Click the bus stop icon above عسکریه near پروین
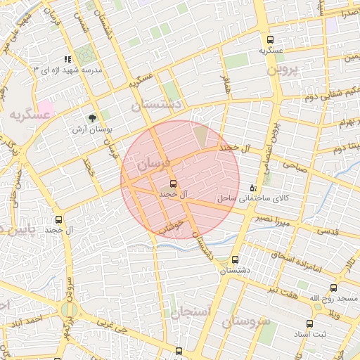(271, 40)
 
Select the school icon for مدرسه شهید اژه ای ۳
(67, 60)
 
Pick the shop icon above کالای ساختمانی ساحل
(253, 188)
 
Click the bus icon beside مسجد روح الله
(333, 288)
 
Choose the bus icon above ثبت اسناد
(309, 323)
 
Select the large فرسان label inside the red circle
(153, 166)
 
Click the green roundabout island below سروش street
(68, 310)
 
